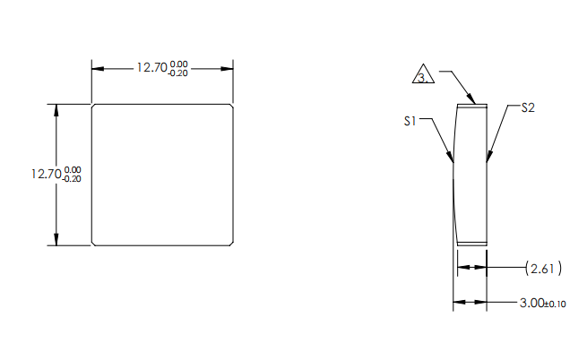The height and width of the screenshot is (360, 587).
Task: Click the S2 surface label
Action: point(528,107)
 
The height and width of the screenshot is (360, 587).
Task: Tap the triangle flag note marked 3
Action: point(424,76)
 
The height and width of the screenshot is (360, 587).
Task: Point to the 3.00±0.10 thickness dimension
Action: point(542,304)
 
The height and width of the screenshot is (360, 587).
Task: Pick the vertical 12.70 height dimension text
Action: point(46,174)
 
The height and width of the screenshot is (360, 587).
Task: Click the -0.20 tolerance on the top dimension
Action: point(178,72)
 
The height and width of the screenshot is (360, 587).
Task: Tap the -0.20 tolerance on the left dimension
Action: point(73,179)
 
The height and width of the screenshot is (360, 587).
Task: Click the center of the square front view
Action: point(162,175)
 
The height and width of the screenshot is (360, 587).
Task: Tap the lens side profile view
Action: point(471,174)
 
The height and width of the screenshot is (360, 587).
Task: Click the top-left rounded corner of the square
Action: point(95,107)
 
